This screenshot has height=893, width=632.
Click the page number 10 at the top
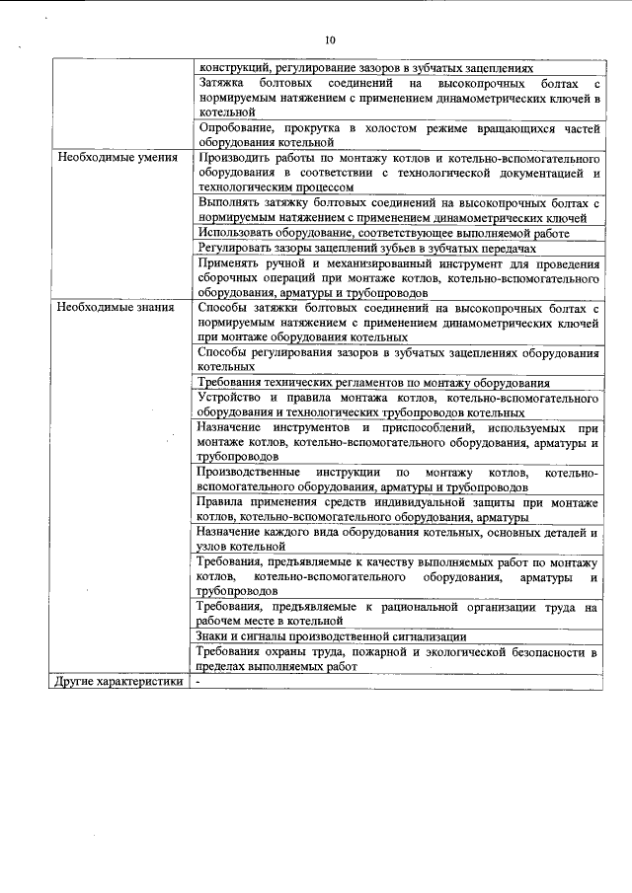pyautogui.click(x=329, y=40)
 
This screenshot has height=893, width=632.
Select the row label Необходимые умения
pyautogui.click(x=117, y=158)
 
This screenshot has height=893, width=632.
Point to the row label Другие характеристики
pyautogui.click(x=118, y=682)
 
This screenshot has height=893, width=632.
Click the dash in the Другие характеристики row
pyautogui.click(x=199, y=682)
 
